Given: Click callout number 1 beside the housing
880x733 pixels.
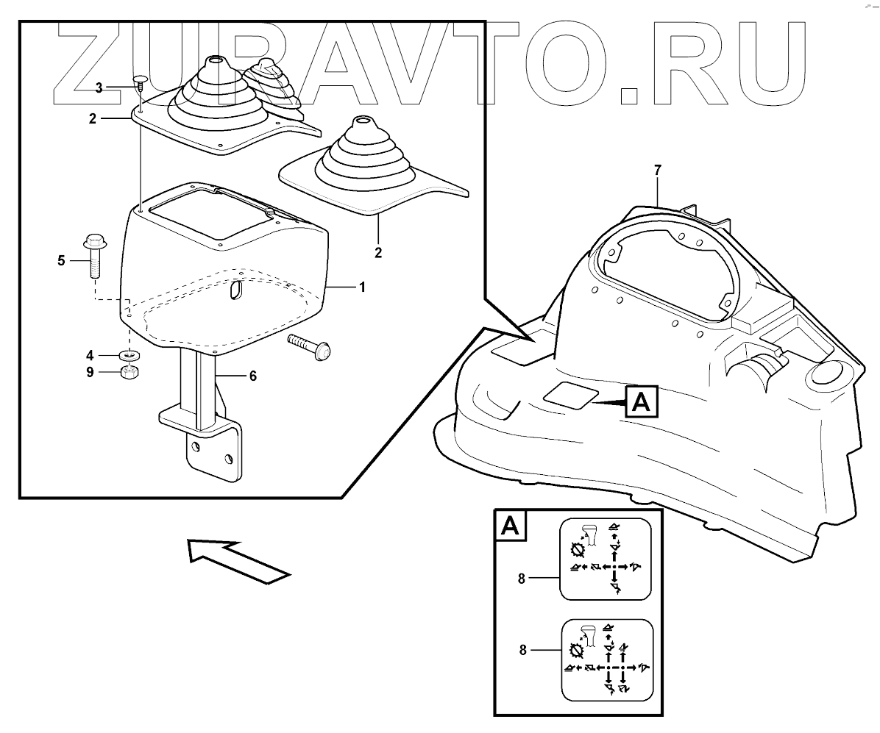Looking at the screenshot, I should (361, 287).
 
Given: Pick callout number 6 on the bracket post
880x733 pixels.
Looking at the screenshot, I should (252, 376).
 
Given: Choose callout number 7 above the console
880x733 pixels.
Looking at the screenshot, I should (658, 170).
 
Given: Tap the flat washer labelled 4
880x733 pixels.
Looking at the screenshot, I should (131, 356).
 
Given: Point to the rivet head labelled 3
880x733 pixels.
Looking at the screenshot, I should (141, 79).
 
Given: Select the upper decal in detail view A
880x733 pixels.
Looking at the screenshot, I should (606, 559).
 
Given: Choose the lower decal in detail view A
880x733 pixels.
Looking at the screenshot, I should (608, 659).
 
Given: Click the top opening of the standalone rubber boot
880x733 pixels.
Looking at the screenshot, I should (362, 120).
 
